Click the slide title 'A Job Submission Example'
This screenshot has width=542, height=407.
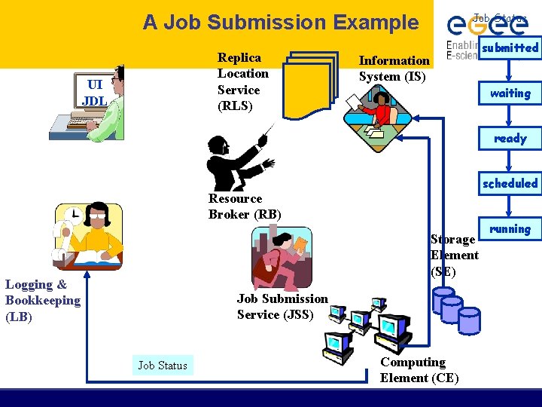click(x=281, y=23)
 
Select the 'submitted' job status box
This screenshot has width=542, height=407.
click(x=510, y=47)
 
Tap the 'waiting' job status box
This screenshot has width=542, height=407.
click(x=510, y=93)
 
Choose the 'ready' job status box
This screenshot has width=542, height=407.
click(x=510, y=139)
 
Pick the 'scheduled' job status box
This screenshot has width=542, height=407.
click(x=510, y=183)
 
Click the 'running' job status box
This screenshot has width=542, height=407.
click(x=510, y=228)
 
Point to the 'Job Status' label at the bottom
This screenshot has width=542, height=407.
click(x=163, y=366)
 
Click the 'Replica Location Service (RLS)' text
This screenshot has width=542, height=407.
click(x=242, y=81)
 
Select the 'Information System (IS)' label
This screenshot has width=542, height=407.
click(x=394, y=69)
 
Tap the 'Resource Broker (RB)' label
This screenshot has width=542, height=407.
click(x=245, y=207)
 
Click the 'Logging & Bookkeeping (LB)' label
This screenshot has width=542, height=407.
click(x=42, y=300)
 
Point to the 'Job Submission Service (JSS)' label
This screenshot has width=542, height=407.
click(x=282, y=307)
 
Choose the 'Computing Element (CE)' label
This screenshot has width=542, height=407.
click(x=419, y=370)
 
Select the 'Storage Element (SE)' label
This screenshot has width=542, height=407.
click(x=454, y=255)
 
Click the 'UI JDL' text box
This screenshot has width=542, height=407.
click(x=94, y=93)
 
